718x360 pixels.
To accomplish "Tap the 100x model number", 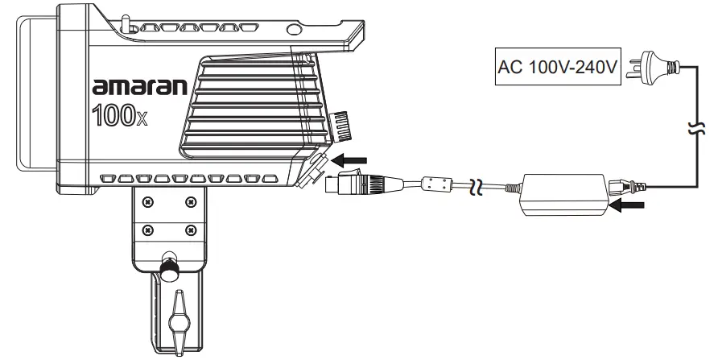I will [x=119, y=115].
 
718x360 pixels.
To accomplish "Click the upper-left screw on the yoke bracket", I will [x=147, y=201].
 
